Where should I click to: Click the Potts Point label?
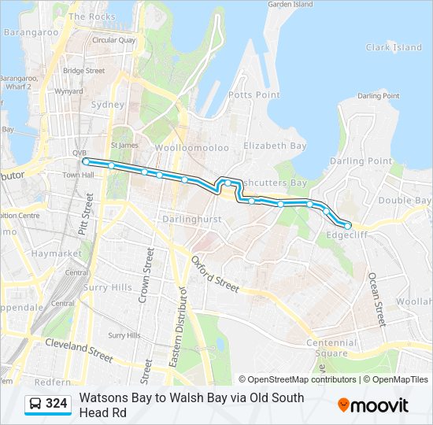pyautogui.click(x=254, y=95)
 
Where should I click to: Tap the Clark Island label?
pyautogui.click(x=394, y=47)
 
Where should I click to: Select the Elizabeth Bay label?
pyautogui.click(x=274, y=146)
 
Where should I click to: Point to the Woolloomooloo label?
pyautogui.click(x=191, y=148)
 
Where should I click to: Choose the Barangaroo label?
pyautogui.click(x=31, y=33)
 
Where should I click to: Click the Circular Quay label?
pyautogui.click(x=114, y=40)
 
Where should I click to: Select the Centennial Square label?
pyautogui.click(x=331, y=348)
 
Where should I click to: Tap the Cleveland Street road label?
pyautogui.click(x=79, y=349)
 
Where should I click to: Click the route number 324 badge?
pyautogui.click(x=56, y=404)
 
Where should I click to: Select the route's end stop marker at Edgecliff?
pyautogui.click(x=347, y=226)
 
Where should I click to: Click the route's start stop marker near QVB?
pyautogui.click(x=85, y=161)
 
